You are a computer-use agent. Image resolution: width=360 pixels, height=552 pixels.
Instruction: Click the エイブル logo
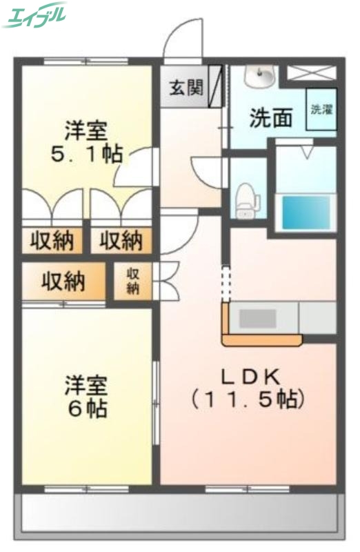(35, 15)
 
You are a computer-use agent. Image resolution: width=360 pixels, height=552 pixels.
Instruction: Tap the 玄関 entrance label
(186, 88)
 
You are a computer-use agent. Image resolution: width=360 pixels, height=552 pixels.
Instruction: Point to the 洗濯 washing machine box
(321, 110)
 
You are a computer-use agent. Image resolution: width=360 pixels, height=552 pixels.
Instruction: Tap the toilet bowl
(246, 198)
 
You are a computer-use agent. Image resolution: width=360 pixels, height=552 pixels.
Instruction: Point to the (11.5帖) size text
(248, 398)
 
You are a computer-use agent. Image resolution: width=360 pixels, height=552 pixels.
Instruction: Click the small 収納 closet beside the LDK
(132, 282)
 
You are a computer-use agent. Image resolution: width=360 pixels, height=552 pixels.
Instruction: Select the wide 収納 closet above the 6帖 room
(63, 282)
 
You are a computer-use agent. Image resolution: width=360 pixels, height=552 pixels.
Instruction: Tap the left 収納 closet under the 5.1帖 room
(52, 241)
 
